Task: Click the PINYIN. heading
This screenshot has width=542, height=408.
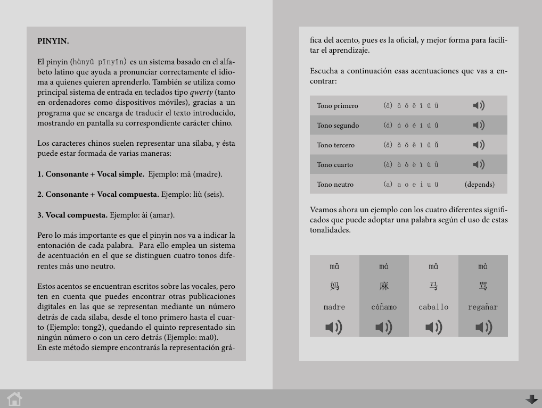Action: click(x=53, y=41)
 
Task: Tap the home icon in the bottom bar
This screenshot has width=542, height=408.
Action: click(x=14, y=399)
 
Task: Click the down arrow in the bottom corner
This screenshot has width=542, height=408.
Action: click(x=531, y=399)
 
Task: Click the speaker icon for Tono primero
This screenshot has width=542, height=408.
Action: click(x=479, y=105)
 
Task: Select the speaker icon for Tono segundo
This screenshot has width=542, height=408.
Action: click(x=479, y=125)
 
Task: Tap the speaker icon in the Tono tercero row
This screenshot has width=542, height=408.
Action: click(x=479, y=145)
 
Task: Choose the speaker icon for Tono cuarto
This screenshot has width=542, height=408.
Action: click(x=479, y=164)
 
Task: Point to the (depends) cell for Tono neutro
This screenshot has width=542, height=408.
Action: click(x=479, y=185)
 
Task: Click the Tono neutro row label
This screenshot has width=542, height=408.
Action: click(x=335, y=185)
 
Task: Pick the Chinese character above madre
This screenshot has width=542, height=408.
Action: click(x=334, y=286)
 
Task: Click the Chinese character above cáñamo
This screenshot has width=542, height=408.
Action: click(x=384, y=286)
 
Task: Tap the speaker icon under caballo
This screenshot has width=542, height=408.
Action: click(x=433, y=327)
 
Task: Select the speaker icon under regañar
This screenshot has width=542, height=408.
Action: click(x=483, y=327)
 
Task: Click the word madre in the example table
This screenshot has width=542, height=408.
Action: click(x=334, y=307)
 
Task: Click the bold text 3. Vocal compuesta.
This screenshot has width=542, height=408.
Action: click(x=72, y=215)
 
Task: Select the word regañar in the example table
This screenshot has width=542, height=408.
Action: click(x=483, y=307)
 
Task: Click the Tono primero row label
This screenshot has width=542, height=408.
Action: click(x=337, y=106)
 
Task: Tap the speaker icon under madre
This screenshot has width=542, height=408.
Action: click(x=334, y=327)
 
